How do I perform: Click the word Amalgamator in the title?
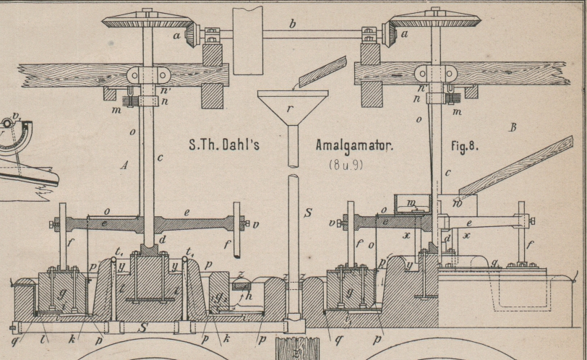354,145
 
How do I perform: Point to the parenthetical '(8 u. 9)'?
346,164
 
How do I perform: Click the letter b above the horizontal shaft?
292,25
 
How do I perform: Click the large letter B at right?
512,128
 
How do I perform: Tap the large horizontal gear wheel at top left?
147,20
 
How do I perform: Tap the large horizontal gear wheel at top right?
434,20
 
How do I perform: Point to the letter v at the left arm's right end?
255,224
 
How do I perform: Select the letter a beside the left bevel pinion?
176,34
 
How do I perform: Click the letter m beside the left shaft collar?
116,110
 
